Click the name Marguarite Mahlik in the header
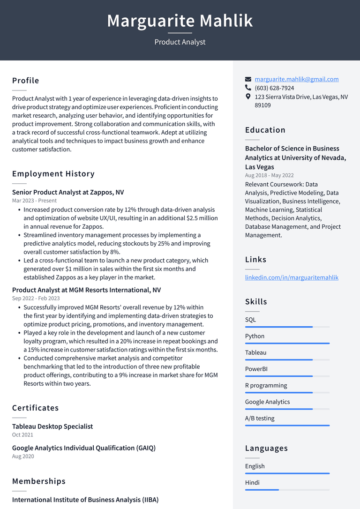[x=180, y=21]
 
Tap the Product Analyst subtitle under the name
[x=180, y=42]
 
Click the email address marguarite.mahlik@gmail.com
[x=296, y=79]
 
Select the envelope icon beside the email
[x=248, y=79]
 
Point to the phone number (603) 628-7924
[x=274, y=88]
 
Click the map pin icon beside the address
[x=248, y=97]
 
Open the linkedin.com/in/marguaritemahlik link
[x=292, y=277]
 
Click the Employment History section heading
[x=53, y=174]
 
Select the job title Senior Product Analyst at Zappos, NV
[x=68, y=192]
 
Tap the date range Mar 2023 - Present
[x=34, y=201]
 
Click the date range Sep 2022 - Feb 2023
[x=36, y=298]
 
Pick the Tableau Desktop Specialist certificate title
[x=52, y=427]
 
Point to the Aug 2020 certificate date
[x=23, y=456]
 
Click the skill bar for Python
[x=287, y=343]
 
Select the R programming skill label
[x=266, y=385]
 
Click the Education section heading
[x=265, y=130]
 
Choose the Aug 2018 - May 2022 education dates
[x=269, y=175]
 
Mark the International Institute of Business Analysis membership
[x=85, y=500]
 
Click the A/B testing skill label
[x=260, y=418]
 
